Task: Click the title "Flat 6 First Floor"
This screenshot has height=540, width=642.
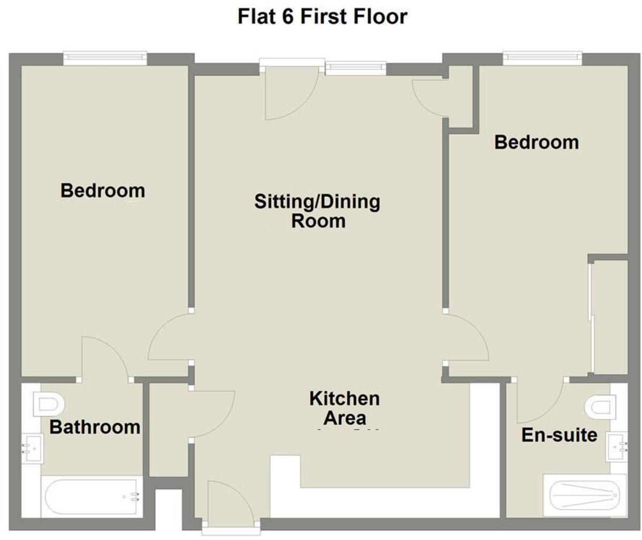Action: coord(322,17)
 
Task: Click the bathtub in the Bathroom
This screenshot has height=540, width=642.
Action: coord(91,498)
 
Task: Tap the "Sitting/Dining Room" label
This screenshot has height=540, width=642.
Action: coord(317,211)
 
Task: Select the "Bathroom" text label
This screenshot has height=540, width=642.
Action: coord(95,427)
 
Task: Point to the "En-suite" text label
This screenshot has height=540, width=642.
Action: coord(559,435)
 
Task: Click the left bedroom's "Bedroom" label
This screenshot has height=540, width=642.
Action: coord(103,190)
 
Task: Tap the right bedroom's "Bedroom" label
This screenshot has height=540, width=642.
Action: coord(537,142)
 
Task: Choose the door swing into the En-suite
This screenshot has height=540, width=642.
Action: coord(538,402)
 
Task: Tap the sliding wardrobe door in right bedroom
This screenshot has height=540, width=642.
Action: coord(592,316)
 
